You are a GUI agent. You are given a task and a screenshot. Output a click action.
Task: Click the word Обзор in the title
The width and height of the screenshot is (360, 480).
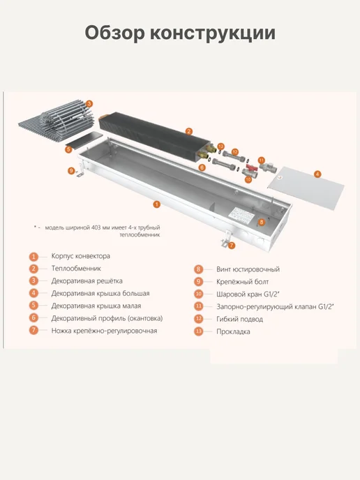click(x=114, y=33)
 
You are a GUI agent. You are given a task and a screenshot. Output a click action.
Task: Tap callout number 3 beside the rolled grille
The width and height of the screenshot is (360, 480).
click(x=89, y=104)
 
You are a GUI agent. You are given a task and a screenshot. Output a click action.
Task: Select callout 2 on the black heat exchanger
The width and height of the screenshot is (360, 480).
click(x=189, y=132)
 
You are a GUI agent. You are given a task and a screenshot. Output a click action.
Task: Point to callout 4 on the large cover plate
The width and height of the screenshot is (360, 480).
click(x=317, y=174)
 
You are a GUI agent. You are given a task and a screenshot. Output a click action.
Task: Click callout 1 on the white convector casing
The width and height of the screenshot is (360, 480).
click(x=156, y=204)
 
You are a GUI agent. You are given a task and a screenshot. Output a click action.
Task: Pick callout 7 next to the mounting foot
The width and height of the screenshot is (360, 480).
click(x=232, y=245)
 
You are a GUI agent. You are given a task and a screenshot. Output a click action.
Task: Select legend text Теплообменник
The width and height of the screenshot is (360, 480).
click(x=76, y=269)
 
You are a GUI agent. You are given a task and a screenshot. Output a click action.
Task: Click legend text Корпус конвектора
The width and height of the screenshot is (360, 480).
click(x=81, y=256)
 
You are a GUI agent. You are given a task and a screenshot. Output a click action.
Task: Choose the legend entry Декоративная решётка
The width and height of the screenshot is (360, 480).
click(x=87, y=280)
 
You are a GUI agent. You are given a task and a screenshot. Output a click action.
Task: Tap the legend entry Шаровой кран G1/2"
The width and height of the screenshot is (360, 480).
click(x=248, y=294)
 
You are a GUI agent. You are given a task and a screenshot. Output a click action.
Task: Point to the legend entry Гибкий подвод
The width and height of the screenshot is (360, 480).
click(x=240, y=319)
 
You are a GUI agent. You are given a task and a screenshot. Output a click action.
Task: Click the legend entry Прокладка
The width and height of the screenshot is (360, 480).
click(x=233, y=331)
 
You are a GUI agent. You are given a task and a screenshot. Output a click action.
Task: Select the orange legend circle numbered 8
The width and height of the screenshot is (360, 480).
click(x=198, y=269)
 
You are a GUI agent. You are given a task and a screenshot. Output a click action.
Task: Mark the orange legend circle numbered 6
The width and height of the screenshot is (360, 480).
click(x=33, y=317)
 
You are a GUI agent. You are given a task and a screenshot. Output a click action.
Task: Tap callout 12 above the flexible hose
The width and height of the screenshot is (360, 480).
click(x=235, y=152)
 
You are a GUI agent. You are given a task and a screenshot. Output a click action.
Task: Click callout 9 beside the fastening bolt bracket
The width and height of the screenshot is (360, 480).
click(x=71, y=170)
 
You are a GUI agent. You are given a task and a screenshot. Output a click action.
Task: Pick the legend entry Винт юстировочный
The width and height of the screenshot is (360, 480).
click(x=248, y=269)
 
